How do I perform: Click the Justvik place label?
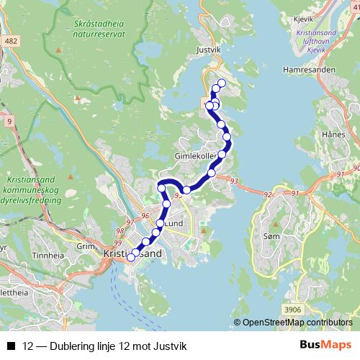click(x=207, y=50)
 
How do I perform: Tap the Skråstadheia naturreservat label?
click(x=101, y=27)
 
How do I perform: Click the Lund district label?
click(x=175, y=224)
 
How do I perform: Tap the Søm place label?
click(x=271, y=236)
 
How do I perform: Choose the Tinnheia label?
click(x=48, y=255)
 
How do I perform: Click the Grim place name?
click(x=86, y=245)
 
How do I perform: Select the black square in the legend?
click(x=10, y=346)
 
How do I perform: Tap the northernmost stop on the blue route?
click(x=221, y=84)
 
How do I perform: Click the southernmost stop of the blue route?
click(x=131, y=257)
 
